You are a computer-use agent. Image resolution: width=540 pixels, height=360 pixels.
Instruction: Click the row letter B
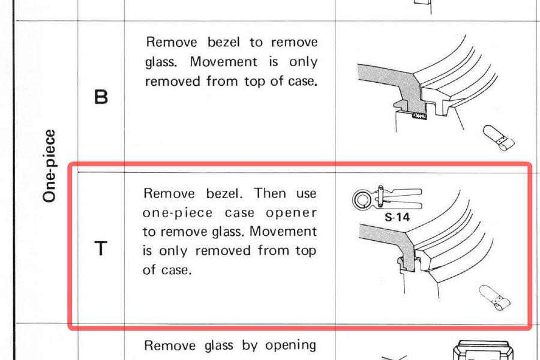[101, 97]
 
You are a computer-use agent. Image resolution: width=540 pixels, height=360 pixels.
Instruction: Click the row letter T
[101, 248]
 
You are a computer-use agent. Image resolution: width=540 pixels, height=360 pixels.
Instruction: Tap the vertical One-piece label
[49, 166]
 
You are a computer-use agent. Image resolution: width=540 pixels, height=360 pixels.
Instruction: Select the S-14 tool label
[397, 217]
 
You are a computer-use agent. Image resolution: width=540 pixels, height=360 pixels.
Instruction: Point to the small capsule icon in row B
[499, 138]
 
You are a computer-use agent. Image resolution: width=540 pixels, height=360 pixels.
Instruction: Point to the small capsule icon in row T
[494, 298]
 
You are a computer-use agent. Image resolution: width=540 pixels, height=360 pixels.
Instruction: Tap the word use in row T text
[306, 194]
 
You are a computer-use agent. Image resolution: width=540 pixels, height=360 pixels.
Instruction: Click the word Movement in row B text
[224, 62]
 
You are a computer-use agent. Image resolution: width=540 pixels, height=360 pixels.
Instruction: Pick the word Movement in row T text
[283, 231]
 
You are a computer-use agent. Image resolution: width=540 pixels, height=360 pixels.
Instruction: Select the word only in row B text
[303, 62]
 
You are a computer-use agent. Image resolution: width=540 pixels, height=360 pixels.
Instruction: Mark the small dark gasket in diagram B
[419, 116]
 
